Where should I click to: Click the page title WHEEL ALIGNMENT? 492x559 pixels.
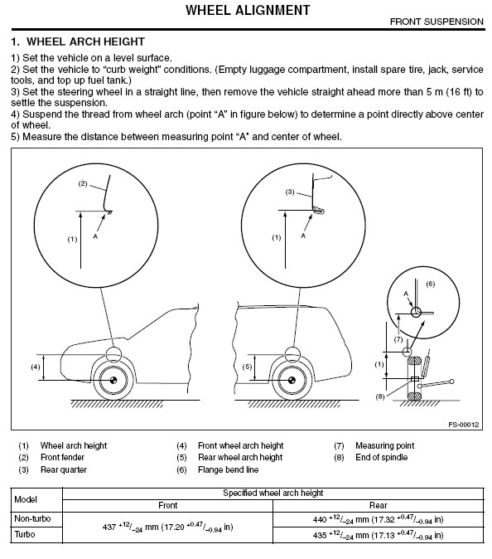248,10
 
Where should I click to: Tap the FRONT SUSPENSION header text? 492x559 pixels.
437,22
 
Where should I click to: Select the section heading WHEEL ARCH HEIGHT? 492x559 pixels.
85,41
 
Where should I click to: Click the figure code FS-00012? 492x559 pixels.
464,425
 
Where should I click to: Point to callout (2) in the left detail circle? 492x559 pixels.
83,183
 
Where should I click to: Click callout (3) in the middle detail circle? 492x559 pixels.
290,192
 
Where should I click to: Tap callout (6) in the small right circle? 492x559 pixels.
431,284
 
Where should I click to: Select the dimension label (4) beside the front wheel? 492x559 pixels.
36,367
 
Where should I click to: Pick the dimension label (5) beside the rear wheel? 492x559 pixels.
247,367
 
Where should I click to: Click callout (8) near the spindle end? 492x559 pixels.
380,396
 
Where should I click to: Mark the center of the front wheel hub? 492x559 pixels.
113,380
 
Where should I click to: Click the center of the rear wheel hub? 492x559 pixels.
292,380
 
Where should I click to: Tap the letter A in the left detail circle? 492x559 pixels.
95,236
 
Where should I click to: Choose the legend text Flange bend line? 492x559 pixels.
229,469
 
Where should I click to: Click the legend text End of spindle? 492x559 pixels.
382,457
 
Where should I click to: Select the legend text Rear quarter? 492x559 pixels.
64,469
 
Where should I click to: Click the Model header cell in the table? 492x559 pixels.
26,499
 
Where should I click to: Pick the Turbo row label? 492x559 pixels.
25,534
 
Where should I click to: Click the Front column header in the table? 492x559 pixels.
167,505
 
